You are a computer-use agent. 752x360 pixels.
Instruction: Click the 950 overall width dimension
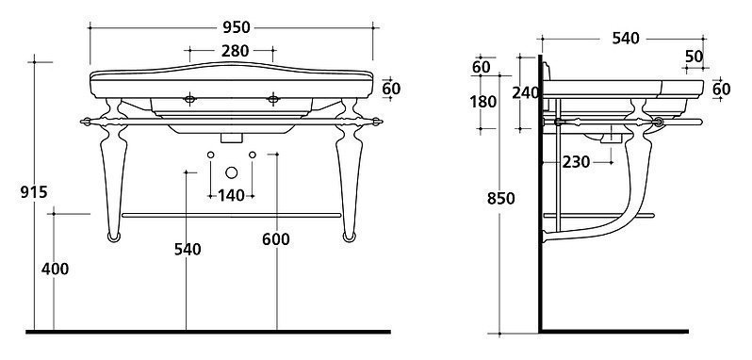coord(237,28)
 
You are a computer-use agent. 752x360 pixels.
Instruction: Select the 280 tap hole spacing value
coord(235,50)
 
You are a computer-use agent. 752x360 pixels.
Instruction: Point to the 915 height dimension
coord(34,192)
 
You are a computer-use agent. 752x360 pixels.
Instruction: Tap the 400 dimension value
coord(56,270)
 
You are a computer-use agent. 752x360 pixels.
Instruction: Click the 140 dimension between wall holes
coord(231,196)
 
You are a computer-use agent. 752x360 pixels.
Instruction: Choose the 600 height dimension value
coord(276,239)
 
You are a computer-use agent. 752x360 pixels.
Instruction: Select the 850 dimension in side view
coord(500,199)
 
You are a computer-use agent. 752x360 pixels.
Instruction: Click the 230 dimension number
coord(576,162)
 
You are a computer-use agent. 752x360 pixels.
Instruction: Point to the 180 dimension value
coord(482,102)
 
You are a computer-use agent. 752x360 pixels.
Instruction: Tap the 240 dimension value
coord(526,92)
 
